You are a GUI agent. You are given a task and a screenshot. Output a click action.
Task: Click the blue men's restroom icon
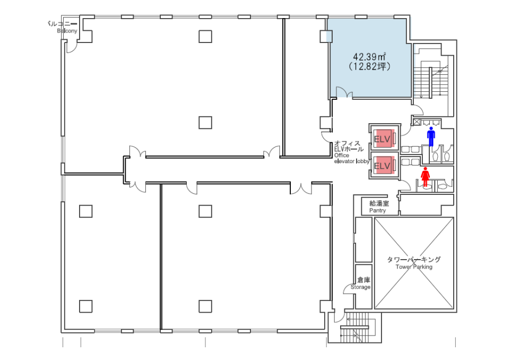pos(431,136)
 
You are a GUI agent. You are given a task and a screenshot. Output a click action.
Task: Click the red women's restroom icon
pos(425,176)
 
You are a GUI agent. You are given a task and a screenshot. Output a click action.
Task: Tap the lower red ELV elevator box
pos(384,165)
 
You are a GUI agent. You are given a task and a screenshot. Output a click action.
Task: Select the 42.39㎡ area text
pos(369,57)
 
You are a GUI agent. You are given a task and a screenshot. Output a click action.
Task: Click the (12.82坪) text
pos(369,66)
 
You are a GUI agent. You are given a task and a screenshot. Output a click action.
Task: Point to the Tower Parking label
pos(414,267)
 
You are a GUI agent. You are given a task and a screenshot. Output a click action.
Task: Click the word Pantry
pos(377,211)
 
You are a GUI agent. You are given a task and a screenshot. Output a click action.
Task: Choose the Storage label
pos(360,287)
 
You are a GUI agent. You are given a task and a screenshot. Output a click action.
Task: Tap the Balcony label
pos(67,31)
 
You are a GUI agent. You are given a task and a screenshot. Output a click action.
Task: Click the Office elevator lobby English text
pos(352,158)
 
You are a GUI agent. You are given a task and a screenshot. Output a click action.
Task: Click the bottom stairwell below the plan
pos(354,328)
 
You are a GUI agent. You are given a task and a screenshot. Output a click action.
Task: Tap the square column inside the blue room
pos(326,36)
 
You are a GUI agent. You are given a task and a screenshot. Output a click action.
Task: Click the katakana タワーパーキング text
pos(414,260)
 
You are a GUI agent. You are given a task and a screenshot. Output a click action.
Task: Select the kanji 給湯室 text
pos(379,203)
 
